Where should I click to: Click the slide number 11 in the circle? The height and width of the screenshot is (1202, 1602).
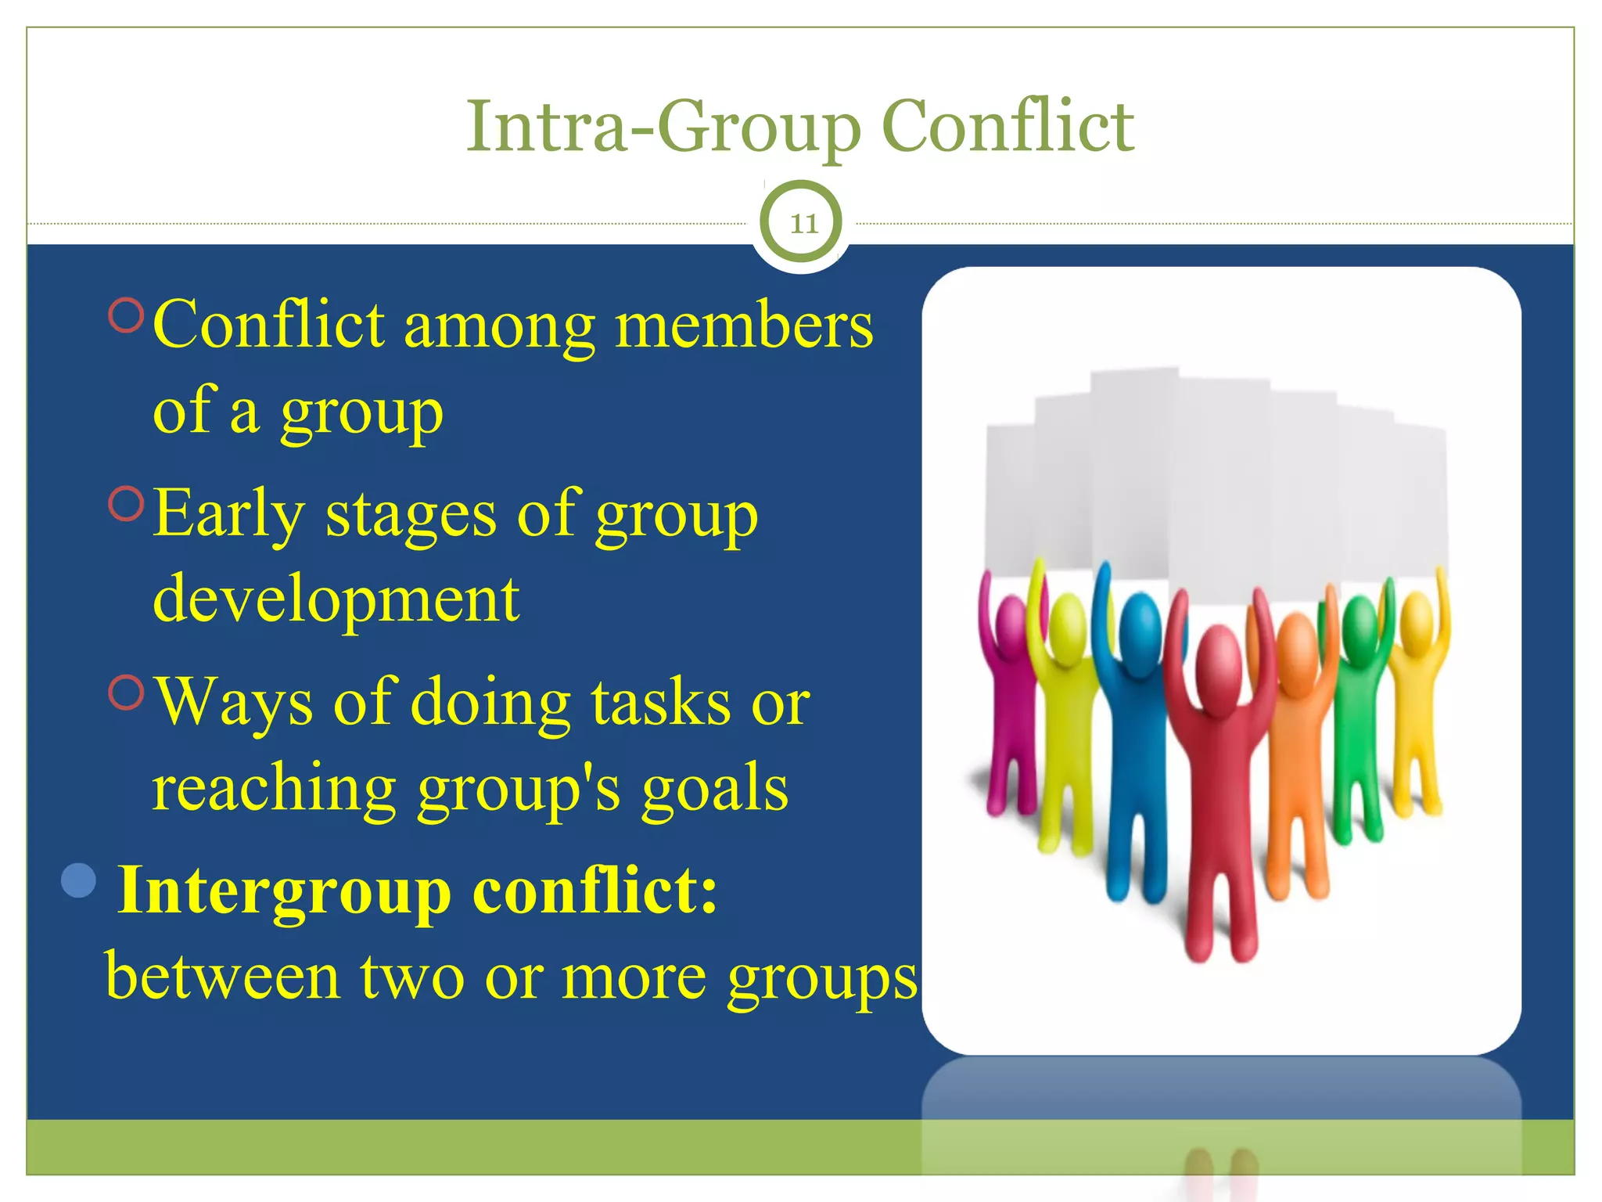pyautogui.click(x=803, y=225)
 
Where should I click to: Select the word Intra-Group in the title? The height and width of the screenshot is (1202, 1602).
pyautogui.click(x=663, y=128)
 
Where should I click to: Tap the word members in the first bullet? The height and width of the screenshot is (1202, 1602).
pyautogui.click(x=744, y=326)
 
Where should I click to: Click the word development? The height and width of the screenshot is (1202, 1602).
pyautogui.click(x=336, y=599)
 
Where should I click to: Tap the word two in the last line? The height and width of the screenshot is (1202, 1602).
pyautogui.click(x=412, y=978)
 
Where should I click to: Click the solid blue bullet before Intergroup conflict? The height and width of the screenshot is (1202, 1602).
pyautogui.click(x=78, y=881)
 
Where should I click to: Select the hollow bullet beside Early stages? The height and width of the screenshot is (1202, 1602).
pyautogui.click(x=127, y=505)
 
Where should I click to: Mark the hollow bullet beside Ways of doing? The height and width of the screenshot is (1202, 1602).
pyautogui.click(x=127, y=693)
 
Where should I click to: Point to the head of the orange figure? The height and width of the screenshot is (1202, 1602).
pyautogui.click(x=1298, y=642)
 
